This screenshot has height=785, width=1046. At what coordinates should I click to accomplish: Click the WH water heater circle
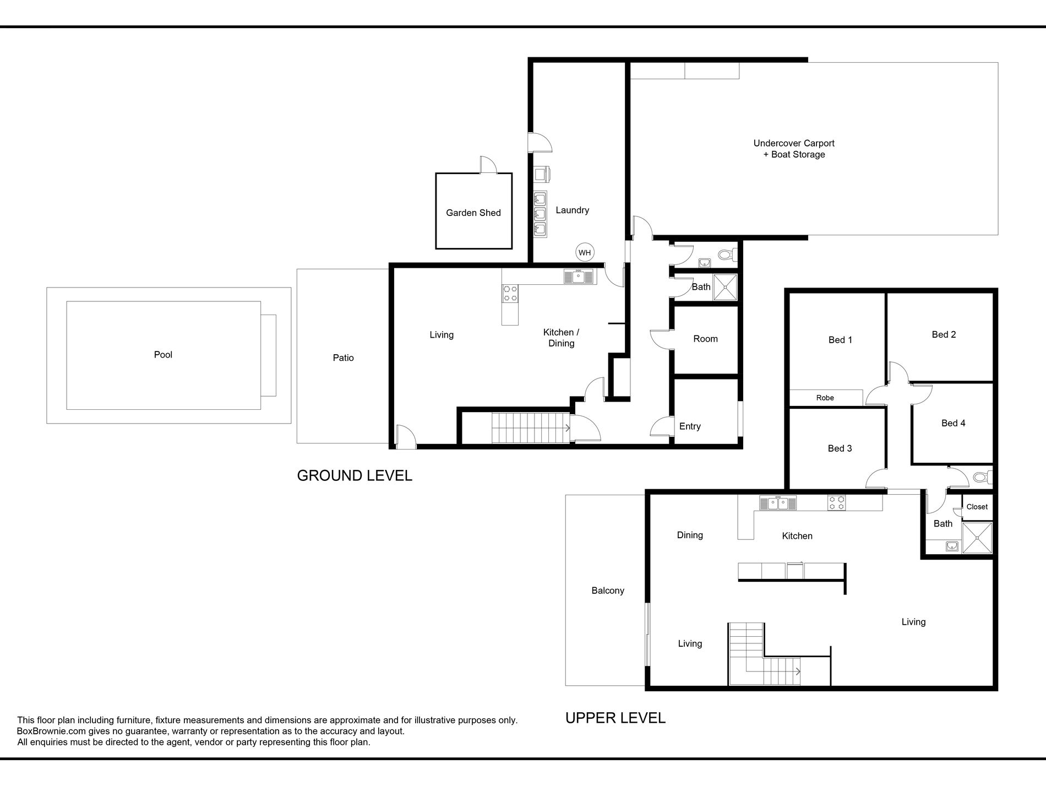[x=584, y=253]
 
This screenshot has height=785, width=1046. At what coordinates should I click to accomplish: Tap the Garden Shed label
[x=473, y=213]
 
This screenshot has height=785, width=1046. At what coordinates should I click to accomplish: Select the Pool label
[x=163, y=355]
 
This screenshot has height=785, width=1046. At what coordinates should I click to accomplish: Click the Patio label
[x=343, y=358]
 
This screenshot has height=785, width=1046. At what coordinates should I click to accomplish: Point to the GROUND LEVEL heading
[x=355, y=475]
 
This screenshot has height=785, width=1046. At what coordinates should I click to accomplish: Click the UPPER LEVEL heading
[x=615, y=718]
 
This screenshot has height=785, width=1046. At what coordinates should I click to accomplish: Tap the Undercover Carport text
[x=794, y=143]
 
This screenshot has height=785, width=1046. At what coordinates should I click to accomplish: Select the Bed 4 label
[x=953, y=423]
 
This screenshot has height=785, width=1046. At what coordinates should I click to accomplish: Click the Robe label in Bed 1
[x=825, y=398]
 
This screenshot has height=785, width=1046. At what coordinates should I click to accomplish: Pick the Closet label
[x=977, y=507]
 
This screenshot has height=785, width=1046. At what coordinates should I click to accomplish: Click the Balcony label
[x=608, y=591]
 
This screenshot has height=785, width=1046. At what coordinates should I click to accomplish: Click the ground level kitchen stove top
[x=510, y=293]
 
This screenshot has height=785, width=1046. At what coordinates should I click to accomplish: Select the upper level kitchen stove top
[x=837, y=503]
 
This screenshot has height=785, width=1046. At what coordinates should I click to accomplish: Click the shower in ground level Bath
[x=725, y=287]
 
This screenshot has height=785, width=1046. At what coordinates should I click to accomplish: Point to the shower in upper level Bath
[x=977, y=538]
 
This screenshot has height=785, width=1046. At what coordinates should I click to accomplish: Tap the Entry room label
[x=690, y=426]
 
